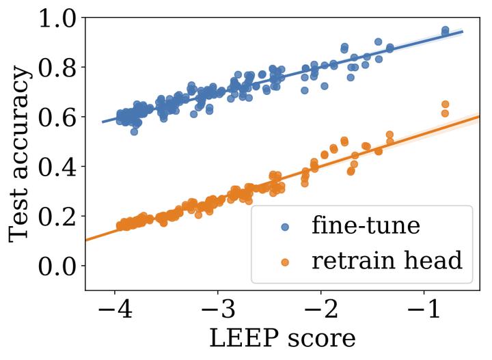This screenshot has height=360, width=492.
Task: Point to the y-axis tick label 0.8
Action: pyautogui.click(x=58, y=68)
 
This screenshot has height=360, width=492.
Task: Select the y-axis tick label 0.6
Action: pyautogui.click(x=58, y=117)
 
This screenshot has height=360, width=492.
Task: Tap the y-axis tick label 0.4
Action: pyautogui.click(x=58, y=167)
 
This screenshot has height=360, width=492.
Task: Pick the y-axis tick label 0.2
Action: pyautogui.click(x=58, y=217)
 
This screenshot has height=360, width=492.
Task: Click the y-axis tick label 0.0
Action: pyautogui.click(x=58, y=266)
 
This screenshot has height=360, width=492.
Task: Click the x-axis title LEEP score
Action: pyautogui.click(x=282, y=340)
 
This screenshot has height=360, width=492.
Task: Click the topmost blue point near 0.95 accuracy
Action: pyautogui.click(x=445, y=30)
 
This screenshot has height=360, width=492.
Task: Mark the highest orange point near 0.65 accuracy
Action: pyautogui.click(x=445, y=104)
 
